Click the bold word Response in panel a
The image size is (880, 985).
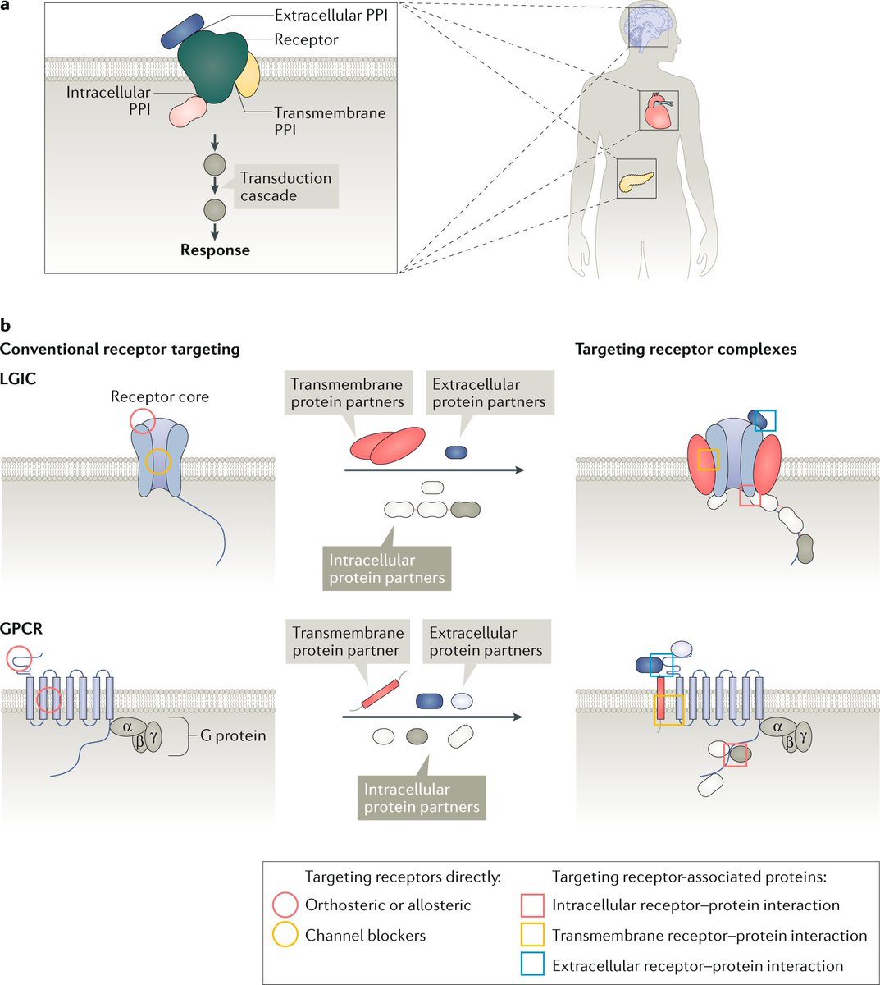click(215, 250)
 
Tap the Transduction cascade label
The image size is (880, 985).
click(285, 186)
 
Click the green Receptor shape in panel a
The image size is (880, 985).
click(212, 66)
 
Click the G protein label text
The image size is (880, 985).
click(233, 735)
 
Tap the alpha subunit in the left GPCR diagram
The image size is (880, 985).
click(127, 726)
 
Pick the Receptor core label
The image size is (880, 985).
click(160, 396)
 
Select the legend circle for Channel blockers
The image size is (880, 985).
click(285, 935)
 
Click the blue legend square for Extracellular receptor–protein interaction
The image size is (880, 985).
click(532, 965)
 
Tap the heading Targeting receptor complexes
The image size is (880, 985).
click(686, 349)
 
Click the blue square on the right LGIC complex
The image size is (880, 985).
click(765, 419)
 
